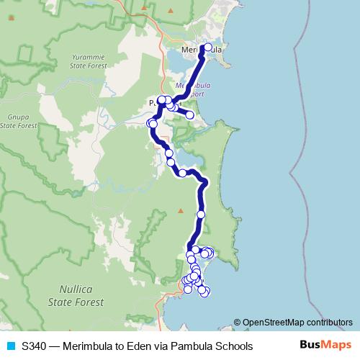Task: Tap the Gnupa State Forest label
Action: (18, 120)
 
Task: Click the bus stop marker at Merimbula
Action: (208, 48)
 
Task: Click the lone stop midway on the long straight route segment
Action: (201, 215)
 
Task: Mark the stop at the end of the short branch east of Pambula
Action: (190, 114)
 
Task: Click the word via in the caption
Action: (160, 346)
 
